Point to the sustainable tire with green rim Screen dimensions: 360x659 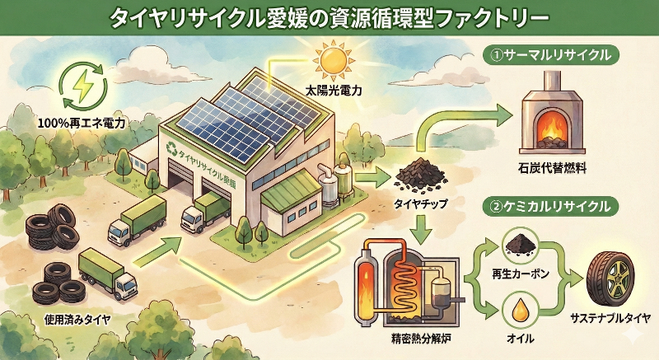[612, 277]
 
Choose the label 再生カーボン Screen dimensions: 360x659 [516, 272]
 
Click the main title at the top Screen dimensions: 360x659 [329, 17]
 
